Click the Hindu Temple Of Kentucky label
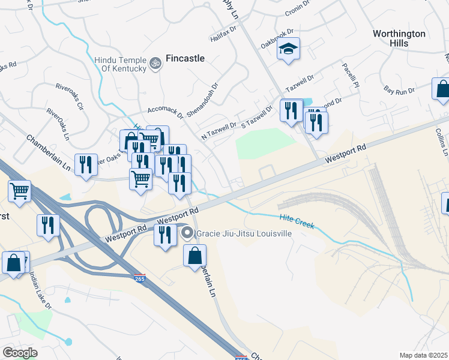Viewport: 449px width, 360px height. click(x=120, y=64)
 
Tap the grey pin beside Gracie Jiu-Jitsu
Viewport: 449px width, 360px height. click(x=187, y=233)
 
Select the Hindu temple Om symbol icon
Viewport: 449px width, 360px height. click(x=155, y=63)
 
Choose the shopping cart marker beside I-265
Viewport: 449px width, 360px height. click(x=20, y=191)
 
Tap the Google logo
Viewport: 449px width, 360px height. click(x=20, y=353)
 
